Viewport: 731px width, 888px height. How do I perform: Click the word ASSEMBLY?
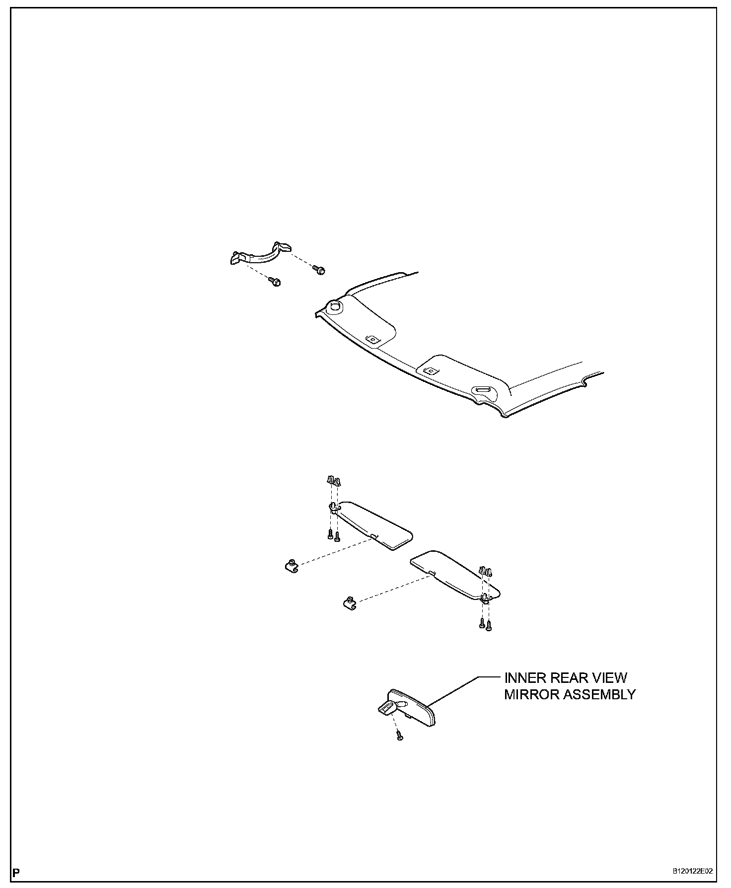click(x=601, y=694)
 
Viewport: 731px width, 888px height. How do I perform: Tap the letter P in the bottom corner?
click(x=17, y=872)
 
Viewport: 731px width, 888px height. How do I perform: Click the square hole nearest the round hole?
click(x=371, y=340)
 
